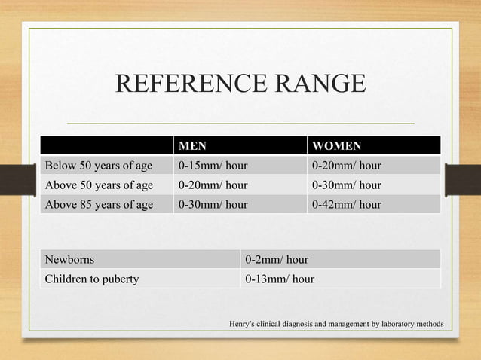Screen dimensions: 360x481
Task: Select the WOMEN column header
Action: [x=337, y=145]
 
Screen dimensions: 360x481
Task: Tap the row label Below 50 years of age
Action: [x=100, y=165]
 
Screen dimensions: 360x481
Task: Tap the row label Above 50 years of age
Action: [x=100, y=185]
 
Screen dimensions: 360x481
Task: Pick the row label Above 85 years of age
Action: [x=100, y=204]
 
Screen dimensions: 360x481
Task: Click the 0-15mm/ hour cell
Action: [x=213, y=165]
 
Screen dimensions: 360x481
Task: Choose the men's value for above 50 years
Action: [x=213, y=185]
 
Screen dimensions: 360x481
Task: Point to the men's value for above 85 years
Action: [x=213, y=204]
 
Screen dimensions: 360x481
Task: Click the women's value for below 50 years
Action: [x=347, y=165]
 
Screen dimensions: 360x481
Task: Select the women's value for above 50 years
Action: [x=347, y=185]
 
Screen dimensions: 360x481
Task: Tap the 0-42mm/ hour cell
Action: [x=347, y=204]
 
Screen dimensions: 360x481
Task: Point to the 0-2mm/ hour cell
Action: [x=277, y=260]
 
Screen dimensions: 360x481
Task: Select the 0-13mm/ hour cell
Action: [x=280, y=279]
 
